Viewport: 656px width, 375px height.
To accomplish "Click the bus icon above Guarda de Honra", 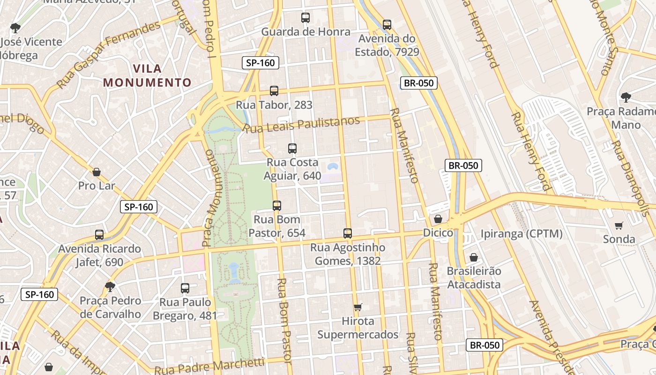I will pyautogui.click(x=306, y=18).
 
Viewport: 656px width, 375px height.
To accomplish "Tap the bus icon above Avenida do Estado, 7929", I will pyautogui.click(x=387, y=25).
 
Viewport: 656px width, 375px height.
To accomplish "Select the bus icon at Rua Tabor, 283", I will pyautogui.click(x=274, y=90).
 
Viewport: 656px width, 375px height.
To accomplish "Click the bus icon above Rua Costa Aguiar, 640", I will pyautogui.click(x=292, y=149).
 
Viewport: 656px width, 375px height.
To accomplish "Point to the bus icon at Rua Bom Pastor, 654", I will pyautogui.click(x=277, y=205).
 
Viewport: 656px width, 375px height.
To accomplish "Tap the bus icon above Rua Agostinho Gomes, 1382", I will pyautogui.click(x=347, y=233).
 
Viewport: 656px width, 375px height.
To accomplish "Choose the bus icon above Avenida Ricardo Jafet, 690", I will pyautogui.click(x=99, y=234).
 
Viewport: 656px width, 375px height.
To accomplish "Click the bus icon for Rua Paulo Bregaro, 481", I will pyautogui.click(x=185, y=288).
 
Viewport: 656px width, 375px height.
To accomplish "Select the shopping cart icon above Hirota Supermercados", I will pyautogui.click(x=358, y=307).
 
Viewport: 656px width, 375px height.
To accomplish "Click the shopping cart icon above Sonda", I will pyautogui.click(x=619, y=226).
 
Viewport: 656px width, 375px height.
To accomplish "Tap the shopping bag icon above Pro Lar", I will pyautogui.click(x=97, y=172).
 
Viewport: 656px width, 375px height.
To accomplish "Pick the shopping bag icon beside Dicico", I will pyautogui.click(x=438, y=219).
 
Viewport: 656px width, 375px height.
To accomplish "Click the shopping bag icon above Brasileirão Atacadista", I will pyautogui.click(x=473, y=257).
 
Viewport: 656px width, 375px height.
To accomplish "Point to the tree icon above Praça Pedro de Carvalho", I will pyautogui.click(x=110, y=286).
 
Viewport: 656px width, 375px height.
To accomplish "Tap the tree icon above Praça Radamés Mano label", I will pyautogui.click(x=625, y=97).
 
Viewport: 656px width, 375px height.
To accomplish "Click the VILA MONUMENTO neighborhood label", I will pyautogui.click(x=147, y=75).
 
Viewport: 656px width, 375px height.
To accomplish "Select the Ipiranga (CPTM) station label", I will pyautogui.click(x=522, y=233).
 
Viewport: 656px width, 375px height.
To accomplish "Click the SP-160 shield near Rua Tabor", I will pyautogui.click(x=261, y=63).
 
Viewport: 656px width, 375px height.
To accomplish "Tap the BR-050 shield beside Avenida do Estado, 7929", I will pyautogui.click(x=419, y=83).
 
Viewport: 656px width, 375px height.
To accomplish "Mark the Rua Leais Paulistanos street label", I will pyautogui.click(x=302, y=124).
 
